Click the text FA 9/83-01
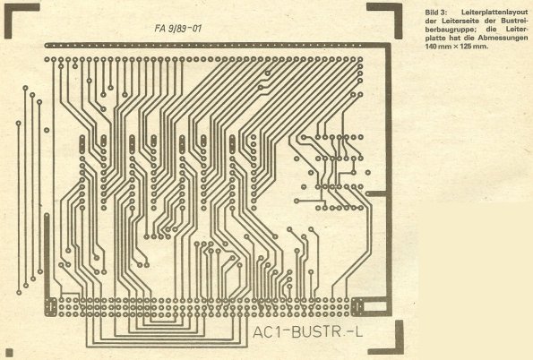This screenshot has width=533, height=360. coord(177,29)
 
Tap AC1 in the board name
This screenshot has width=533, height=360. coord(267,332)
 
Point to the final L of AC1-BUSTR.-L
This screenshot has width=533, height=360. coord(359,332)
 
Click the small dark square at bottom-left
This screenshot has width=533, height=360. coord(9,352)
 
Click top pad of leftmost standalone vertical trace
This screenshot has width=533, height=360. coord(18,123)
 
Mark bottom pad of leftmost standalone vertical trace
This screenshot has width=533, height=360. coord(19,292)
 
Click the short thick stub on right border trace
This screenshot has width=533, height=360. coord(376,193)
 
